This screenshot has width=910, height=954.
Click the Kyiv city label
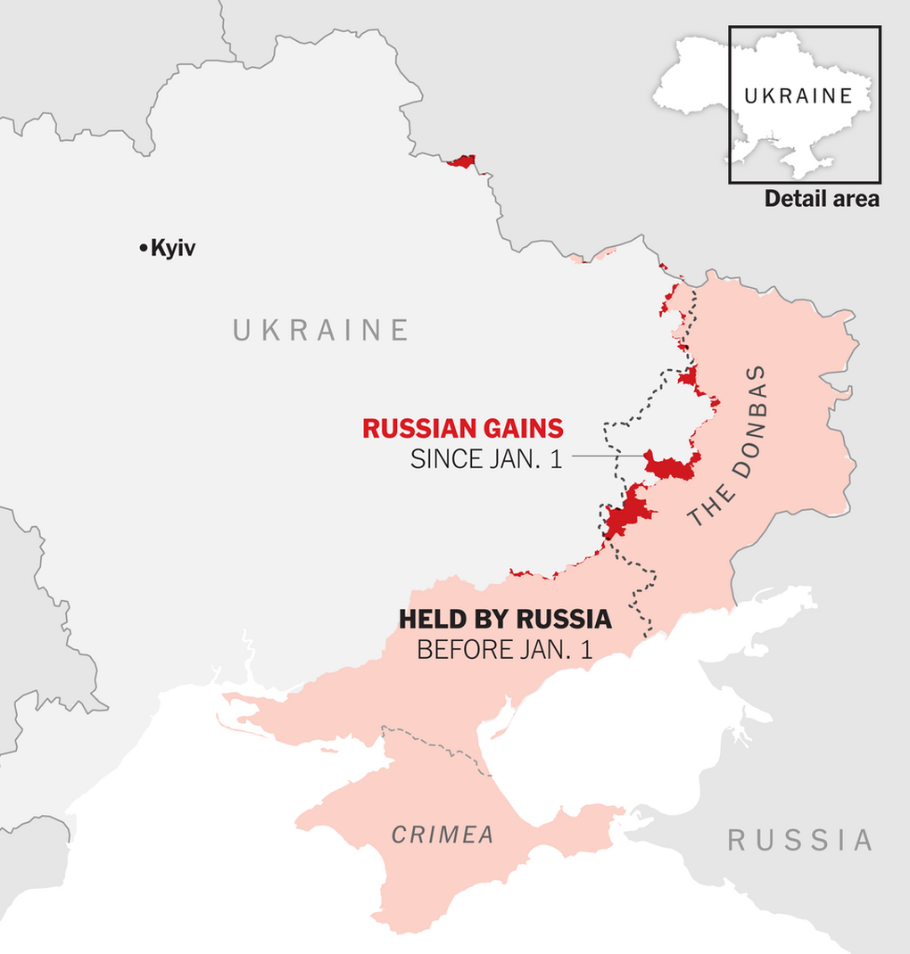click(173, 249)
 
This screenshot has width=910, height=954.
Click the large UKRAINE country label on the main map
click(321, 331)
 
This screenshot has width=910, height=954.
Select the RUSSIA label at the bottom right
click(799, 840)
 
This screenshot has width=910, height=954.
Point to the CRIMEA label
click(443, 835)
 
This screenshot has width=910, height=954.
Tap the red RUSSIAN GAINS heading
click(462, 429)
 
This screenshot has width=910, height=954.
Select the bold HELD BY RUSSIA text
click(505, 619)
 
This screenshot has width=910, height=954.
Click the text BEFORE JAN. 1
click(505, 650)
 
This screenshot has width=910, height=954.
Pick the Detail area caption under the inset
click(822, 199)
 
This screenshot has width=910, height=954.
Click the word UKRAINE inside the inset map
click(798, 96)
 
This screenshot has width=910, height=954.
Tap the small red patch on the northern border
click(463, 161)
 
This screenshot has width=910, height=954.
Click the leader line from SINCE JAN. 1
click(607, 456)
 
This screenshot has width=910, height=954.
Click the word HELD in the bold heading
click(427, 619)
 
